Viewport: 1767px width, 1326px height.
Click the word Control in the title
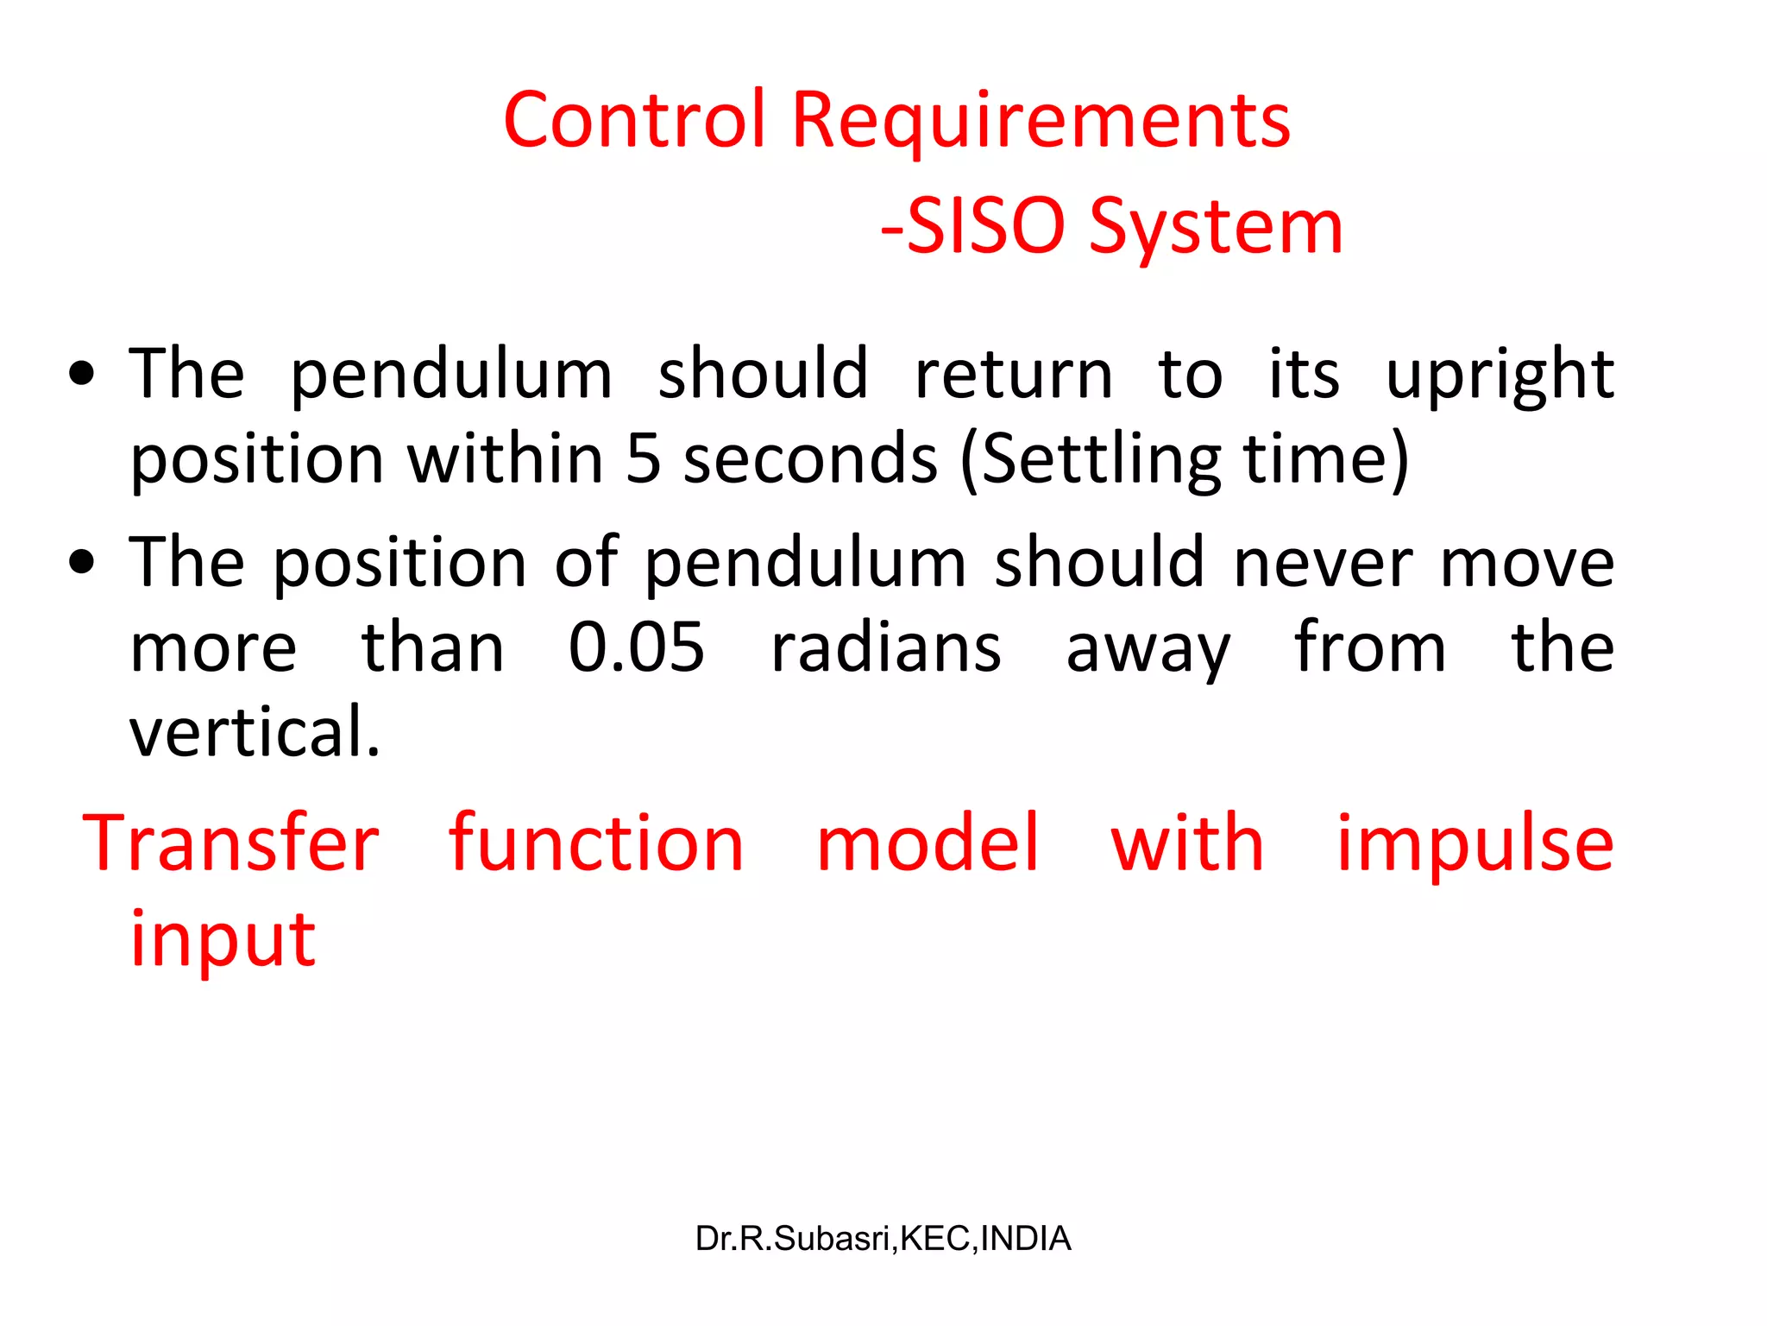(x=634, y=120)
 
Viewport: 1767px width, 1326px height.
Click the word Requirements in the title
(x=1041, y=120)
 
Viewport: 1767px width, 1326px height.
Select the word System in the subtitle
(x=1216, y=226)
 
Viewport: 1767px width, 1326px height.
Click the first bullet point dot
(x=82, y=375)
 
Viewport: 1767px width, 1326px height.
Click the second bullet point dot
(x=82, y=563)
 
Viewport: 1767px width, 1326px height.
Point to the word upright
(x=1500, y=375)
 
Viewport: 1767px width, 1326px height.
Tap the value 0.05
(x=637, y=647)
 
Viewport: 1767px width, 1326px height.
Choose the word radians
(x=886, y=647)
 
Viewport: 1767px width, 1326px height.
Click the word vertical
(x=254, y=732)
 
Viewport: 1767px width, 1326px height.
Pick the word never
(x=1323, y=563)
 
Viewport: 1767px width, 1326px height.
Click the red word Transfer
(x=231, y=843)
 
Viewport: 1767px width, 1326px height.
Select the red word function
(x=596, y=843)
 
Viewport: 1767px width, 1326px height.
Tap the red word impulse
(x=1475, y=843)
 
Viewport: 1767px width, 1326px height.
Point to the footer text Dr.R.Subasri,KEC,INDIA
(x=883, y=1239)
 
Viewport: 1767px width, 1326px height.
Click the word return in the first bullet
(x=1014, y=375)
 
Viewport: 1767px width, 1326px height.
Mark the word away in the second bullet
(x=1148, y=647)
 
